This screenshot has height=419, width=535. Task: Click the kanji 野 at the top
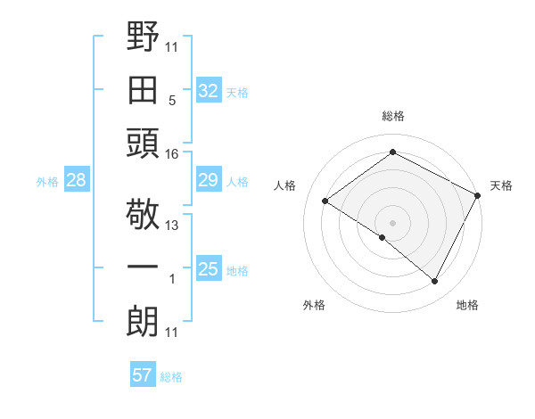[x=143, y=38]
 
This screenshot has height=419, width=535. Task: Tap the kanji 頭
[x=143, y=143]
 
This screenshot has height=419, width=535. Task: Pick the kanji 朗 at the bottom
[x=143, y=322]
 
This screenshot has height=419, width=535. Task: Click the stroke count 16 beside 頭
[x=172, y=153]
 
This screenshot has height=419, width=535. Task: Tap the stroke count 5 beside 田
[x=172, y=100]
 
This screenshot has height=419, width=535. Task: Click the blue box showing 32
[x=208, y=90]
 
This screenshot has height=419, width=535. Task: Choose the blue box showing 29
[x=208, y=181]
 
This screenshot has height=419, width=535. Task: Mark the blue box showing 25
[x=208, y=269]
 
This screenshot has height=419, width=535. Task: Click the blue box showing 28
[x=76, y=181]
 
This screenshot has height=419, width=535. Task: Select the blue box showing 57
[x=142, y=375]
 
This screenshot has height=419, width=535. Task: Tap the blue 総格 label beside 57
[x=171, y=377]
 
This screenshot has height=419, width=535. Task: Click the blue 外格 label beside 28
[x=47, y=182]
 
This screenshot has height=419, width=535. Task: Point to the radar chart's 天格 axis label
[x=501, y=185]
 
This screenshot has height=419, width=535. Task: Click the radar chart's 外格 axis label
[x=314, y=305]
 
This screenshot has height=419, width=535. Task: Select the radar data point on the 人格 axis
[x=325, y=201]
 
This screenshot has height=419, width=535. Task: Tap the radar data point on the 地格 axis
[x=435, y=282]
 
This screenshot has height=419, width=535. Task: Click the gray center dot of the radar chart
[x=392, y=222]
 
